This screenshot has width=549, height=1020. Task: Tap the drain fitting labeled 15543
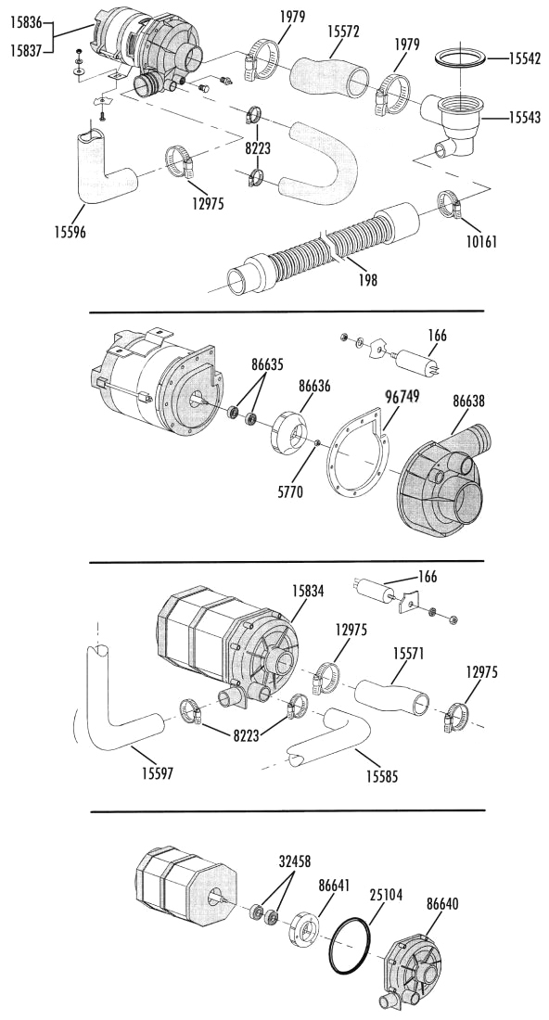click(x=455, y=124)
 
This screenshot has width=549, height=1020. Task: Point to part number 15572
click(x=342, y=31)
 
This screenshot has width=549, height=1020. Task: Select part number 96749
click(x=402, y=396)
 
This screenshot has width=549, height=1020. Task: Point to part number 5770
click(x=290, y=491)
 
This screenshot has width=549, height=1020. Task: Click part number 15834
click(x=308, y=592)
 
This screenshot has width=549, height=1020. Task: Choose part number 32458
click(x=295, y=862)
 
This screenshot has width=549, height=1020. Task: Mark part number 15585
click(x=382, y=776)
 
